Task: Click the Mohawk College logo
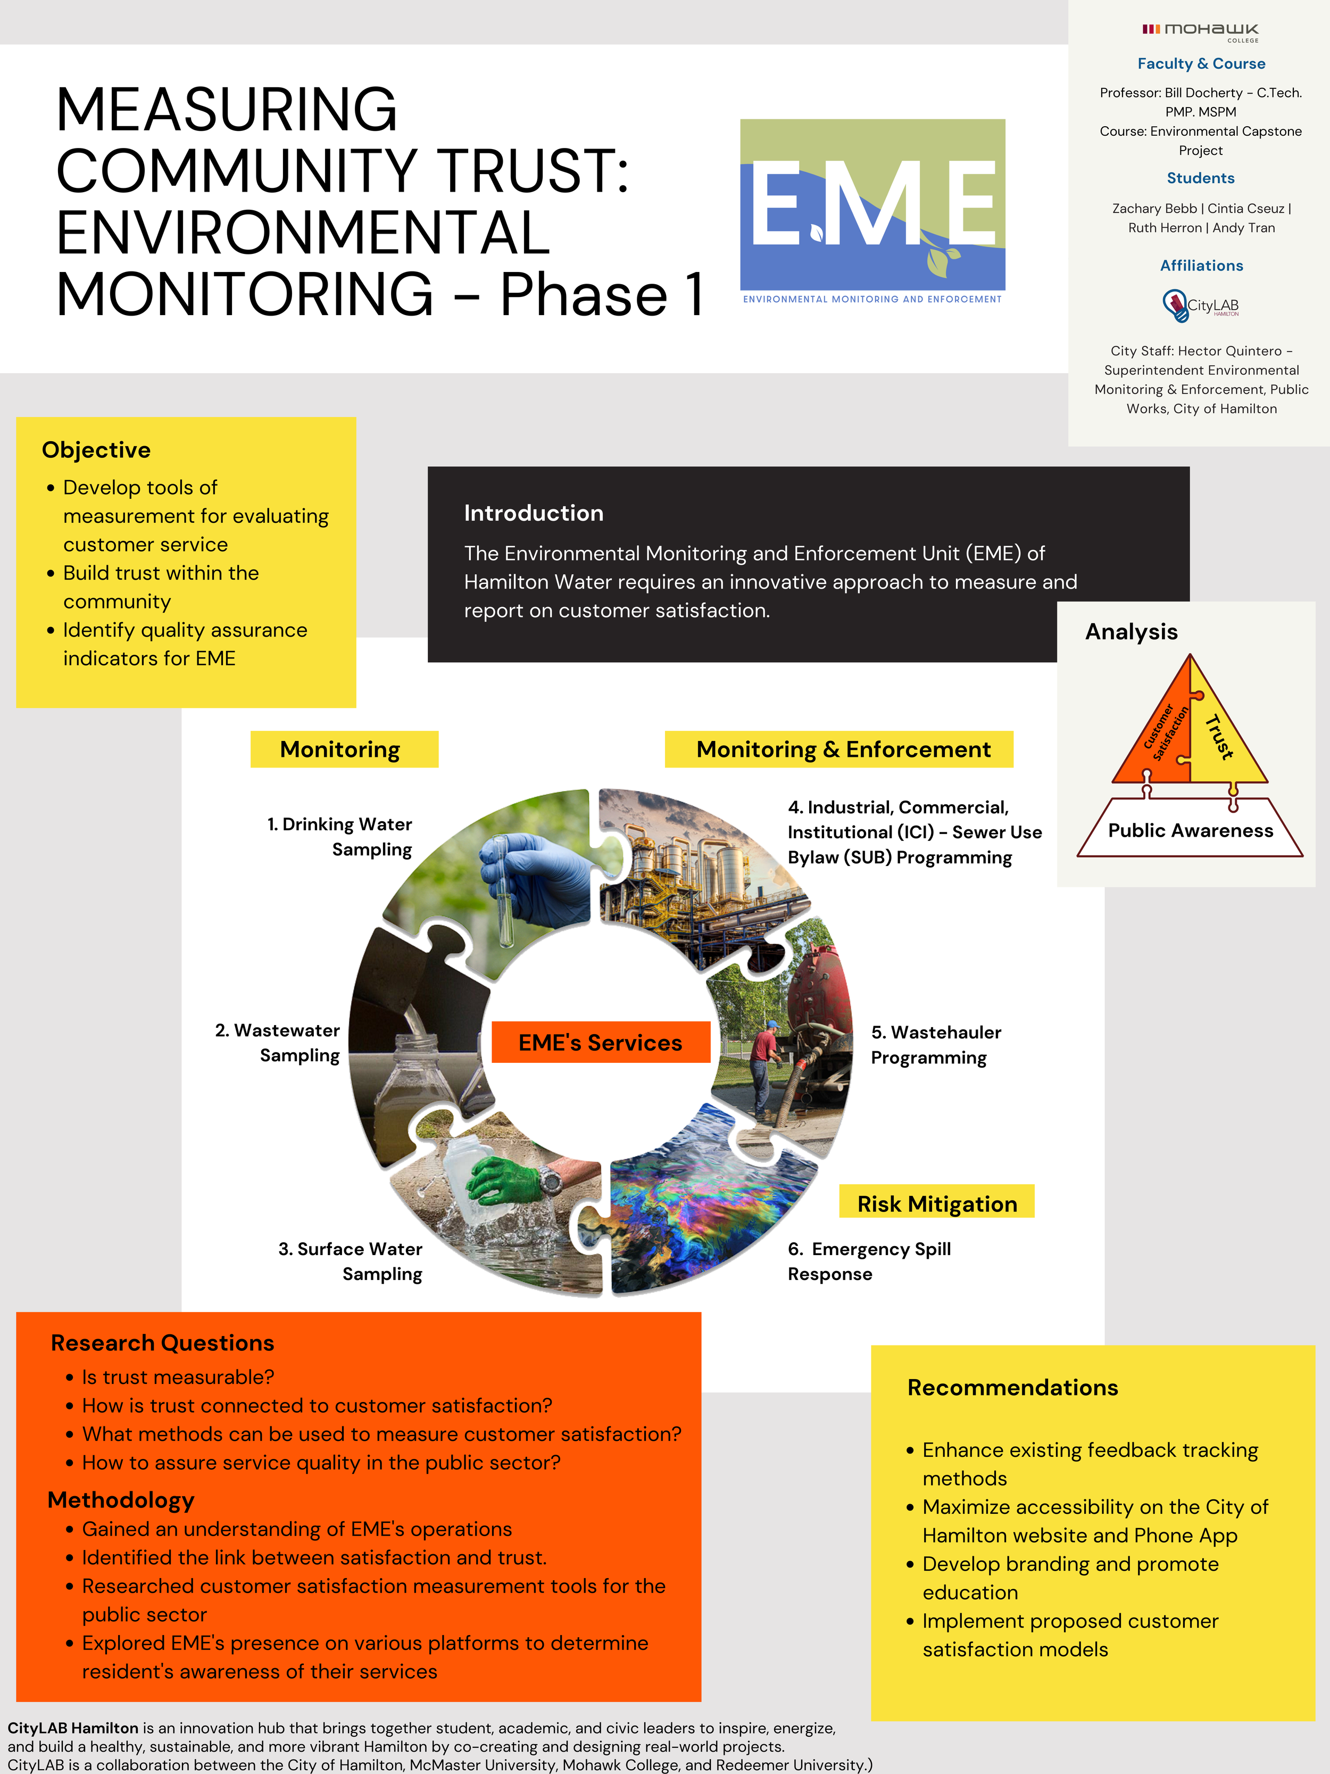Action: pos(1200,31)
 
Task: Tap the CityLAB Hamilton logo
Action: pos(1200,306)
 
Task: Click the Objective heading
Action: pos(96,450)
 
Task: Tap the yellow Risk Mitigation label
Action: pos(936,1204)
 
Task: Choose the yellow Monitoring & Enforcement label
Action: pos(843,749)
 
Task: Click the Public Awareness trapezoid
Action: pos(1190,830)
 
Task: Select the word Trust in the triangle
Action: pos(1219,736)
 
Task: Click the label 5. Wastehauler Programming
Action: pos(936,1044)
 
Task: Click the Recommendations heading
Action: pos(1012,1388)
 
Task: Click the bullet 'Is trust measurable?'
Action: pos(178,1377)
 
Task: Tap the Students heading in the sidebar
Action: pos(1200,178)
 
